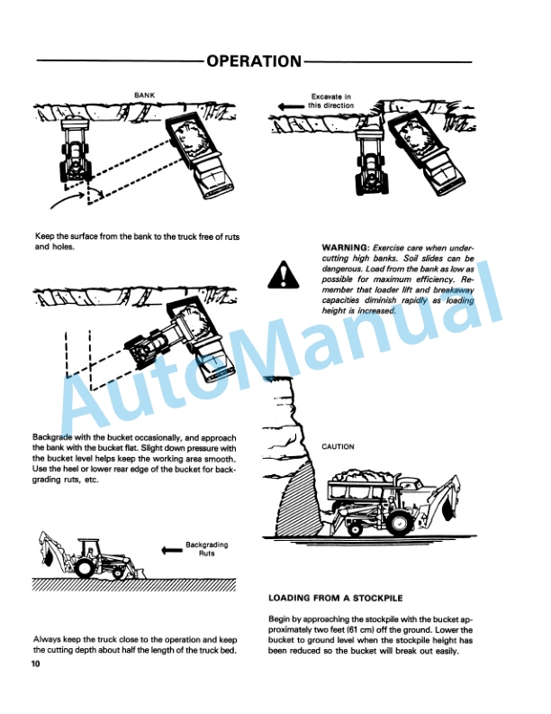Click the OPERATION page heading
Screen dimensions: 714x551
(x=253, y=61)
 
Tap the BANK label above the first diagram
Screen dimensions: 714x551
(x=144, y=95)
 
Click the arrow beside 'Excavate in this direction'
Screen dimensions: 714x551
(x=292, y=106)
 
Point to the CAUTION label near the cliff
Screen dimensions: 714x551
(x=338, y=446)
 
